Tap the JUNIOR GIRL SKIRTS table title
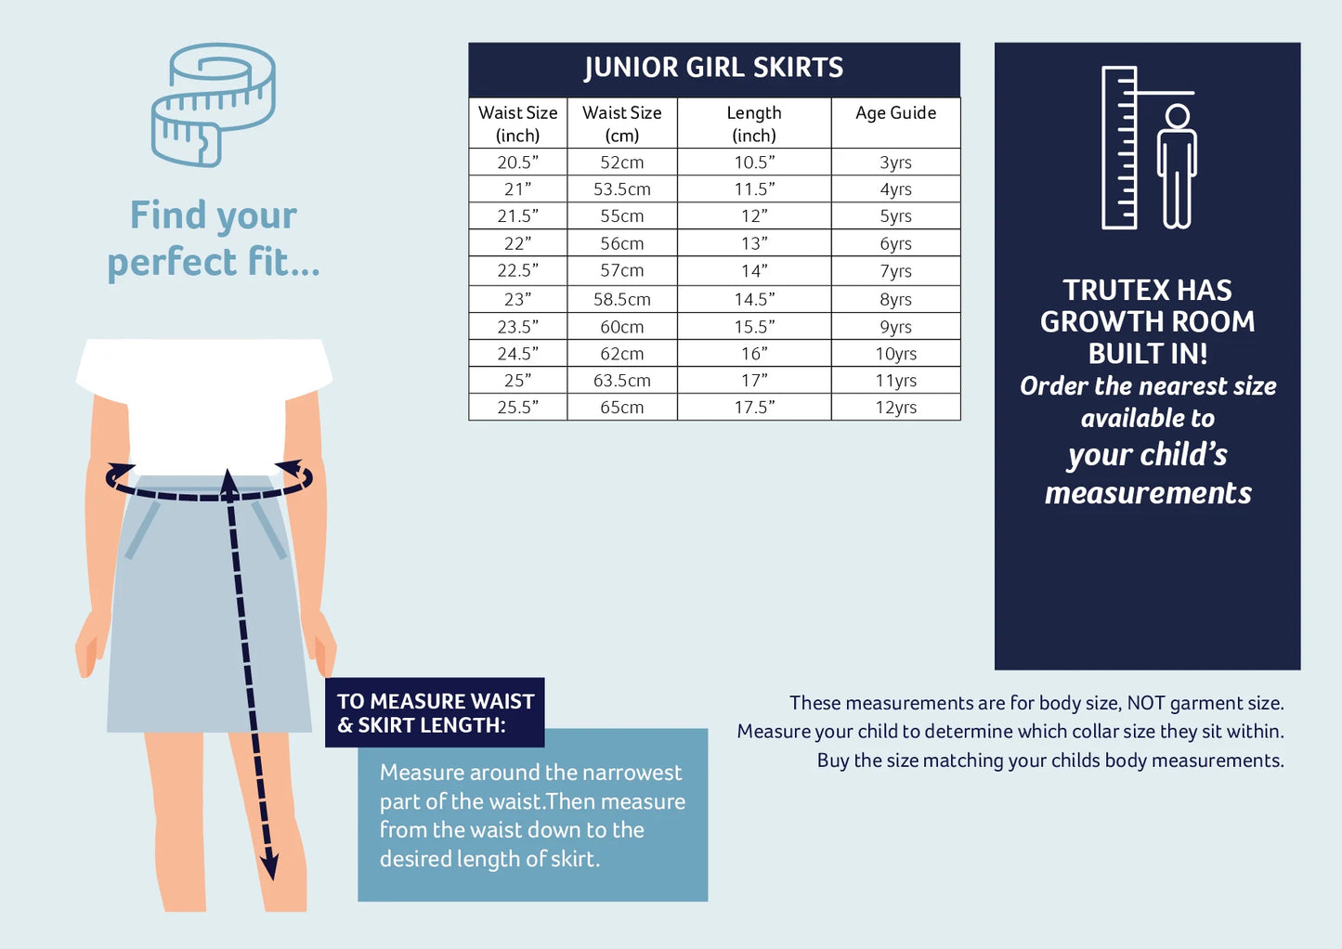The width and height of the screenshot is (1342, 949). [x=713, y=67]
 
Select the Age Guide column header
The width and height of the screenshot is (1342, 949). [x=895, y=112]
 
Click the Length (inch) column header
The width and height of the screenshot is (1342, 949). [x=754, y=123]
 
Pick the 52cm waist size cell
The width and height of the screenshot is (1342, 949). [x=622, y=162]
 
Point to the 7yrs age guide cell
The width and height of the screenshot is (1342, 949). [x=895, y=271]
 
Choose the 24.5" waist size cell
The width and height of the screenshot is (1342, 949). [x=517, y=354]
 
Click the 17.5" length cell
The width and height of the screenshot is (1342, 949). [x=754, y=408]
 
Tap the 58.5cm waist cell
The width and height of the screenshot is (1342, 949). [x=622, y=299]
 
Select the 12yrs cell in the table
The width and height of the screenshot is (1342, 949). [x=895, y=408]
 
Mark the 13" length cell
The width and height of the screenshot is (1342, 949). [x=754, y=243]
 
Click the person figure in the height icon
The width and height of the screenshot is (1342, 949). [x=1178, y=166]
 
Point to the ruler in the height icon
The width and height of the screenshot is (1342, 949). [x=1119, y=148]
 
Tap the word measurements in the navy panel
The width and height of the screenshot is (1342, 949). [x=1148, y=494]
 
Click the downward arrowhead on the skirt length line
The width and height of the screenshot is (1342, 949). [x=270, y=864]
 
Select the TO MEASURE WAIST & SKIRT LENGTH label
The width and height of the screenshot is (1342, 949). [x=435, y=713]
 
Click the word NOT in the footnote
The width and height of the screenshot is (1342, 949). [x=1145, y=703]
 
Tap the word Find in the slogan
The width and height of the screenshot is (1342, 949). [x=168, y=214]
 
